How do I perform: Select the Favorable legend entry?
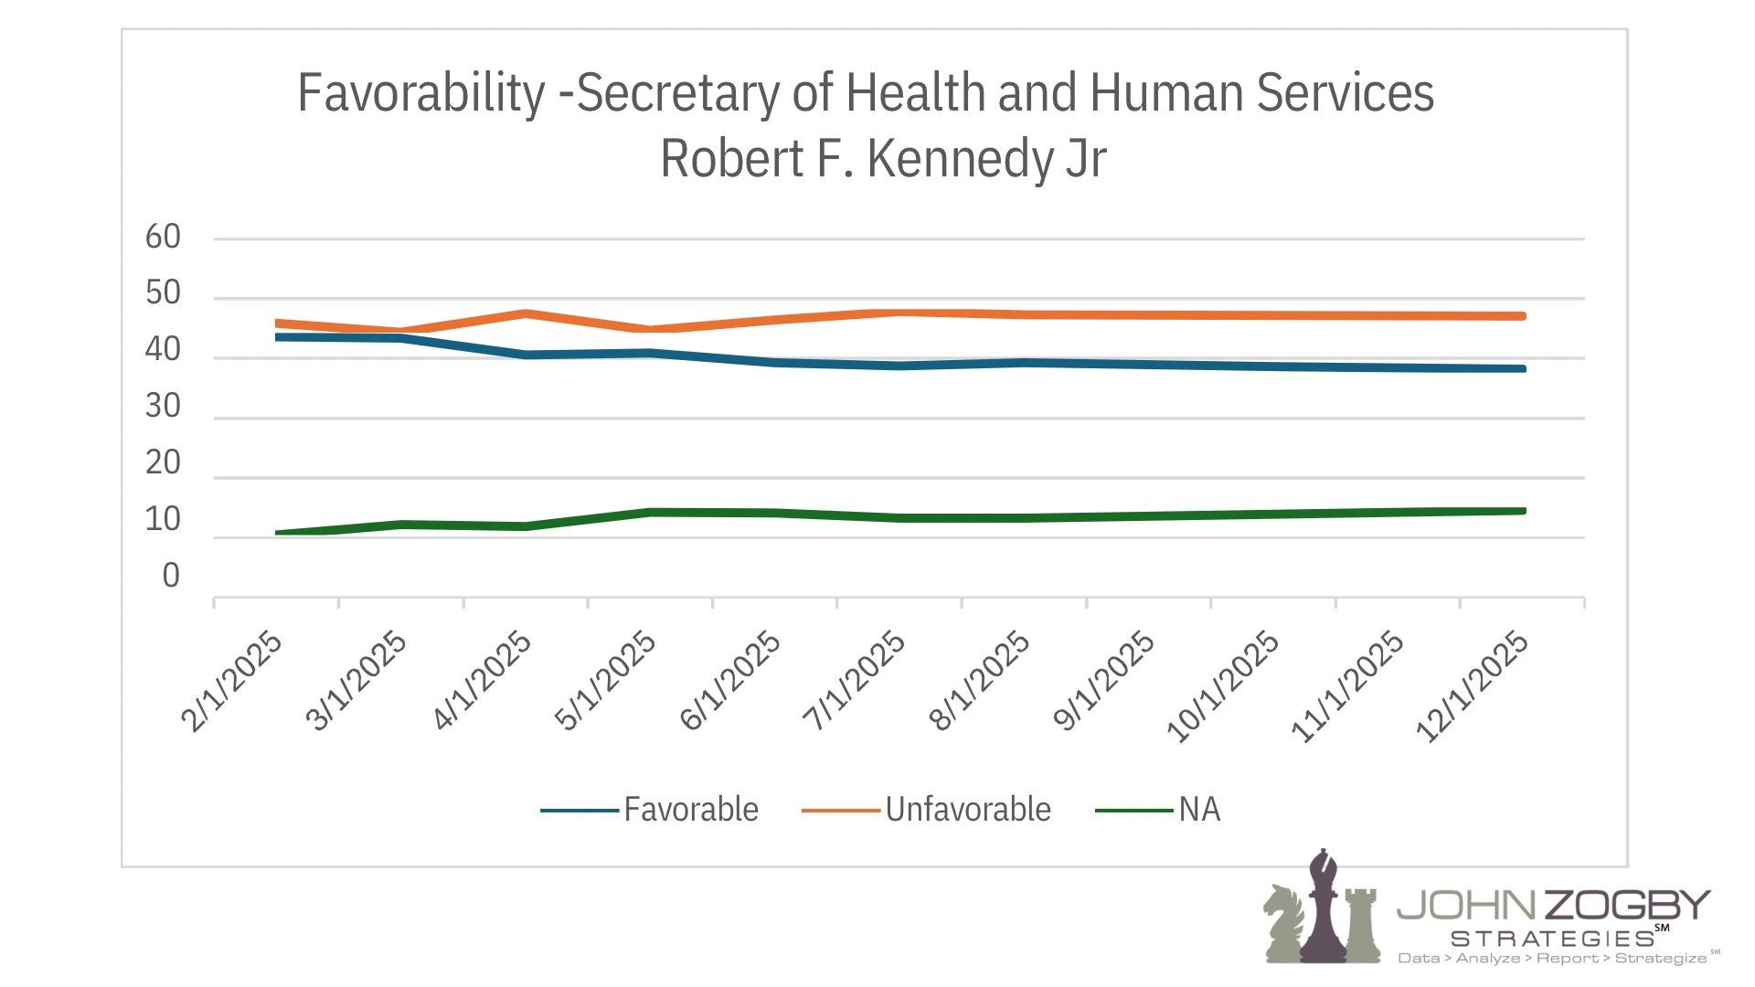[x=690, y=810]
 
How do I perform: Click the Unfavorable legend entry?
[x=967, y=810]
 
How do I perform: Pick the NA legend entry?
[x=1198, y=810]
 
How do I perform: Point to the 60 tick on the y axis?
[x=164, y=238]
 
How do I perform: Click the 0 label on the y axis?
[x=171, y=576]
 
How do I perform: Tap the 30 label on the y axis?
[x=164, y=407]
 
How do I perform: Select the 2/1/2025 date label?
[x=232, y=682]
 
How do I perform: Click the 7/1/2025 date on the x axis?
[x=855, y=682]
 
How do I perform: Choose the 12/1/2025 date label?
[x=1472, y=687]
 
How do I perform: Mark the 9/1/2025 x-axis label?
[x=1104, y=682]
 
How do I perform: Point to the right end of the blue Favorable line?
[x=1522, y=368]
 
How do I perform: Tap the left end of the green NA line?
[x=278, y=533]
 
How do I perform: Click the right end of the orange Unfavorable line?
[x=1522, y=316]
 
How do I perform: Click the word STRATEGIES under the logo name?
[x=1552, y=939]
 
